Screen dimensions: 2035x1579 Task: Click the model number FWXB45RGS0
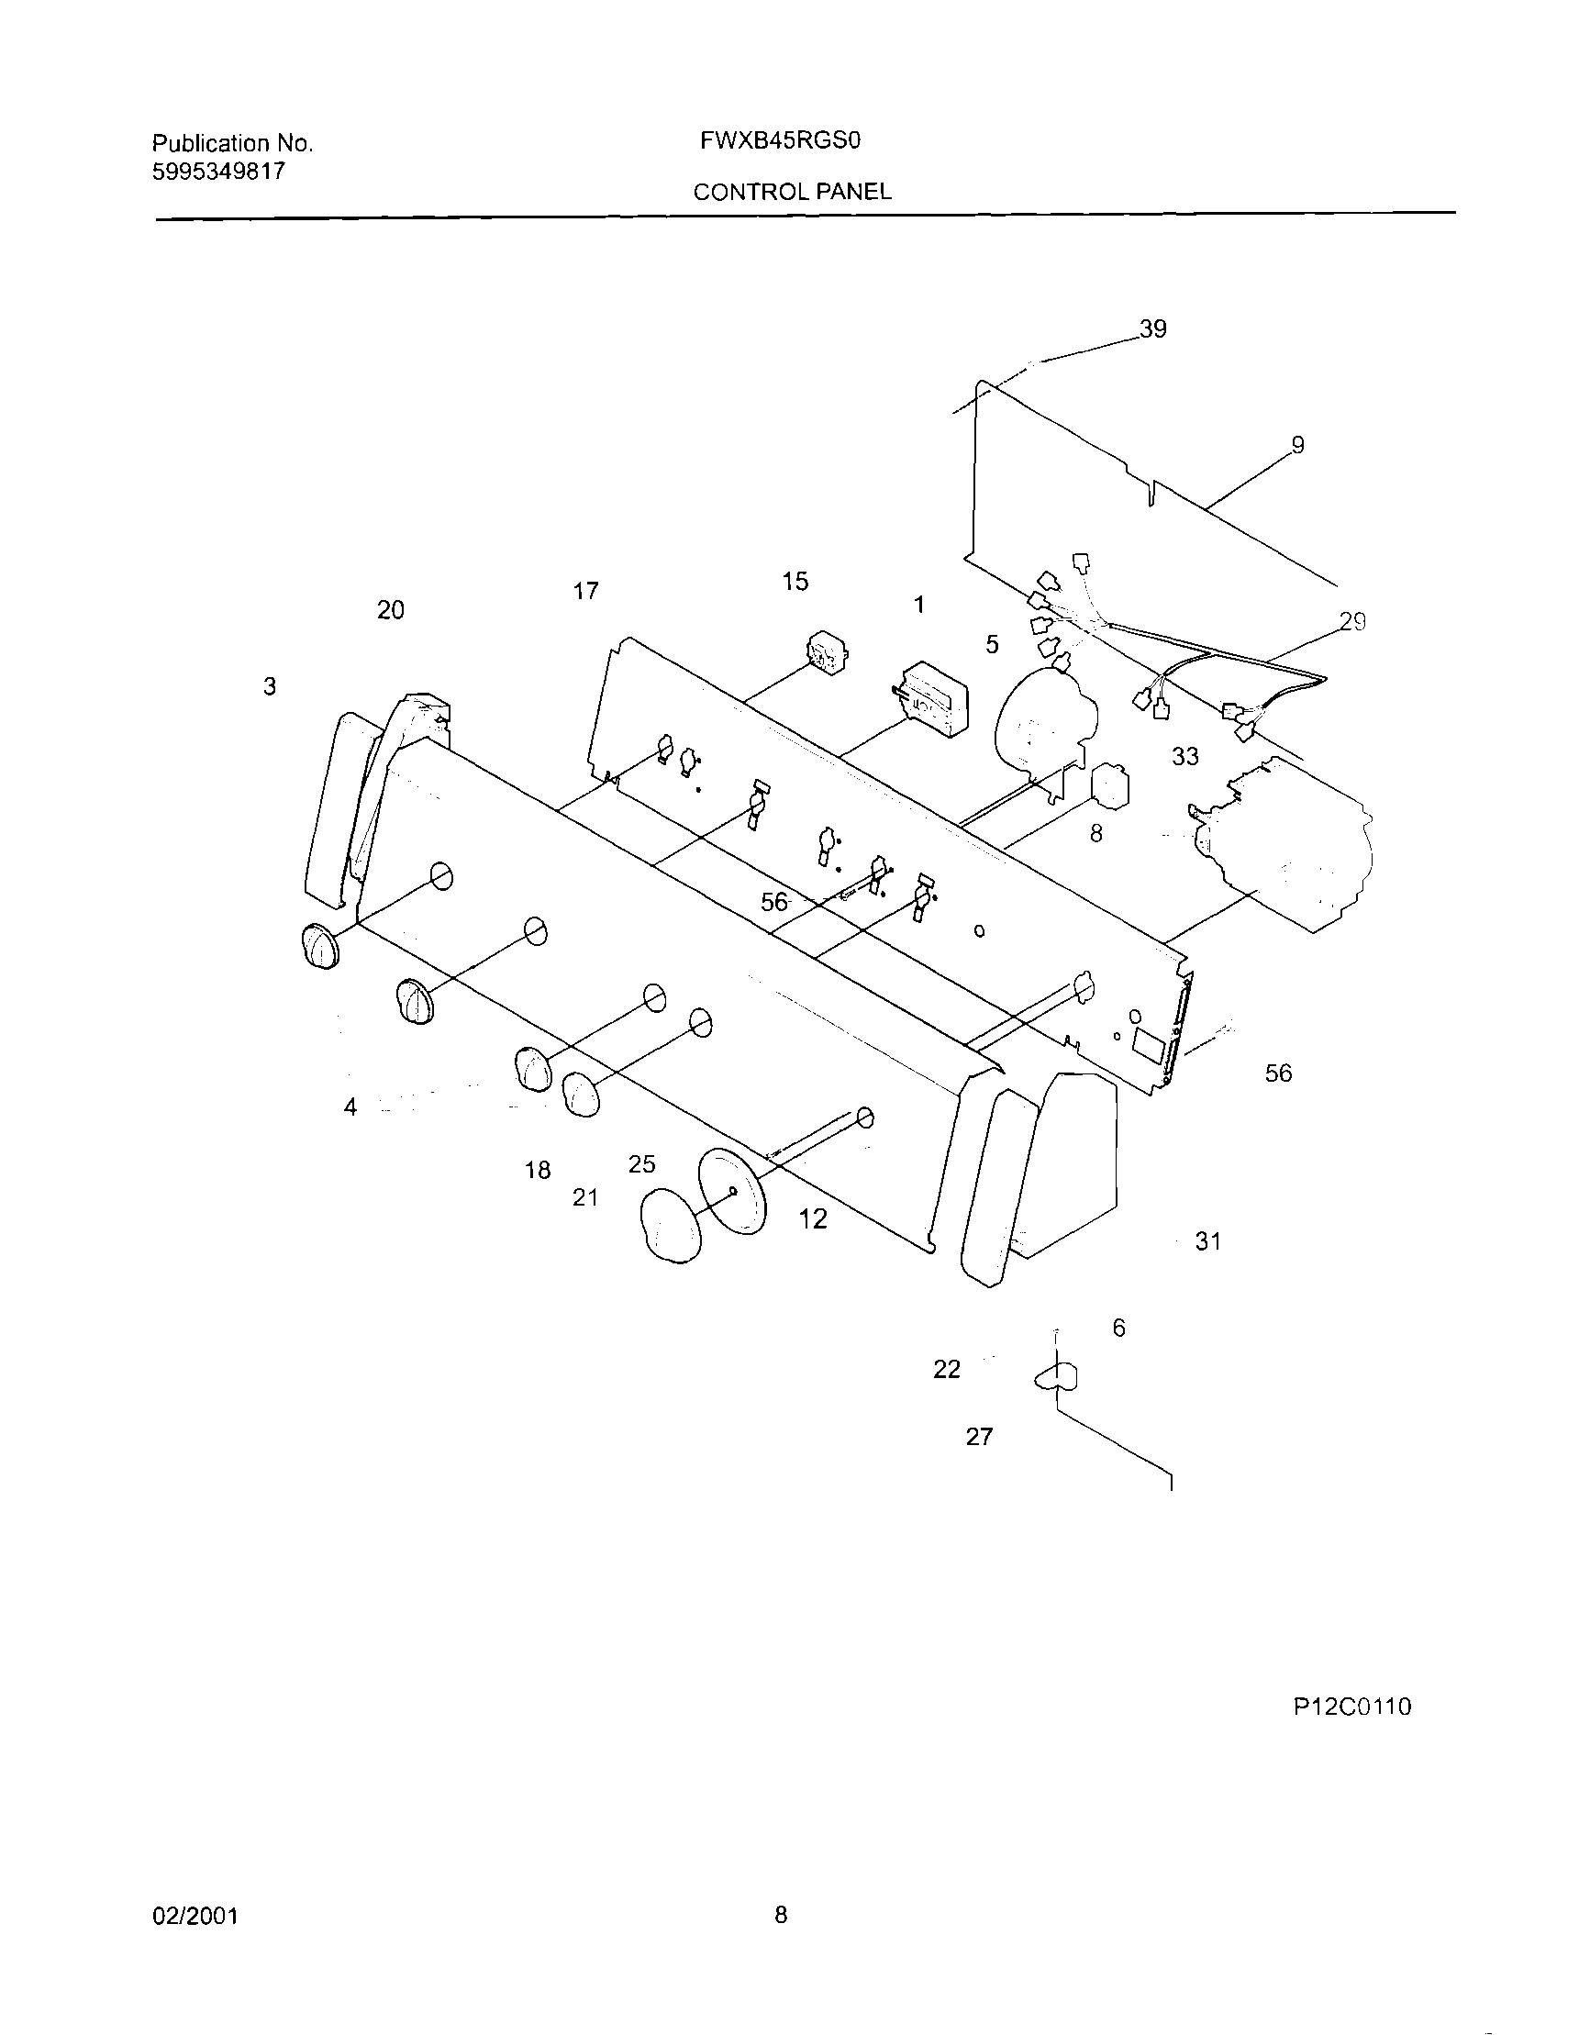[x=779, y=140]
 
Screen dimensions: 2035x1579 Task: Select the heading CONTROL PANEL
[x=792, y=192]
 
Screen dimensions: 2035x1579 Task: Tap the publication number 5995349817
[x=218, y=172]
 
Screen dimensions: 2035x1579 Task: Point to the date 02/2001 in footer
[x=195, y=1916]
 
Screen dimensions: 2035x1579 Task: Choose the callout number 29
[x=1352, y=621]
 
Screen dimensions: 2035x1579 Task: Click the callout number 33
[x=1185, y=757]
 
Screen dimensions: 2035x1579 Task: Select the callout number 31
[x=1208, y=1241]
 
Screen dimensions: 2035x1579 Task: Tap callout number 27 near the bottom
[x=979, y=1437]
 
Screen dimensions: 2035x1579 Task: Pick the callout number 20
[x=390, y=610]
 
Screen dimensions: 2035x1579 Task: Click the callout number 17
[x=585, y=591]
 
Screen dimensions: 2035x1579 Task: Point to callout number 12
[x=812, y=1218]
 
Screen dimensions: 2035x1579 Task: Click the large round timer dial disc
[x=731, y=1192]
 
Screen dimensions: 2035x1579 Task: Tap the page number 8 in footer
[x=781, y=1916]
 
